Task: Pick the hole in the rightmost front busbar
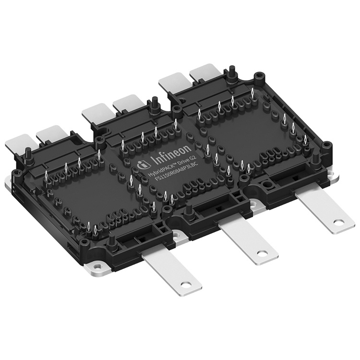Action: coord(339,222)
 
